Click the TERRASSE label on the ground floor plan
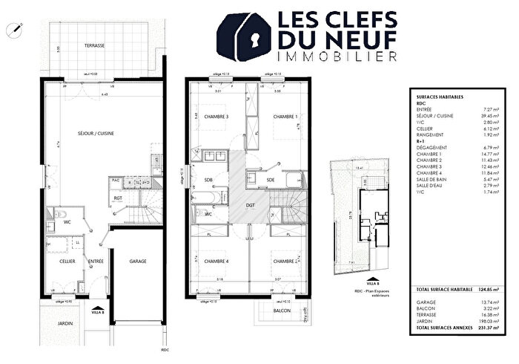tap(94, 45)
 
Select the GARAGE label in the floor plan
tap(139, 261)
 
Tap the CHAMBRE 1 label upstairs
tap(285, 117)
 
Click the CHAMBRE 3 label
tap(216, 117)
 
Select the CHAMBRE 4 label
tap(216, 261)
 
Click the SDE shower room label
tap(271, 180)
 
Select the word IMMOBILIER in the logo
tap(336, 56)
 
